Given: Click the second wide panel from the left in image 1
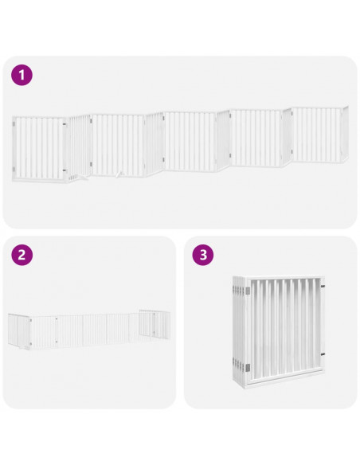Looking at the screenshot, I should [x=117, y=144].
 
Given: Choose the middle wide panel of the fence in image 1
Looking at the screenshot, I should [x=191, y=141].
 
